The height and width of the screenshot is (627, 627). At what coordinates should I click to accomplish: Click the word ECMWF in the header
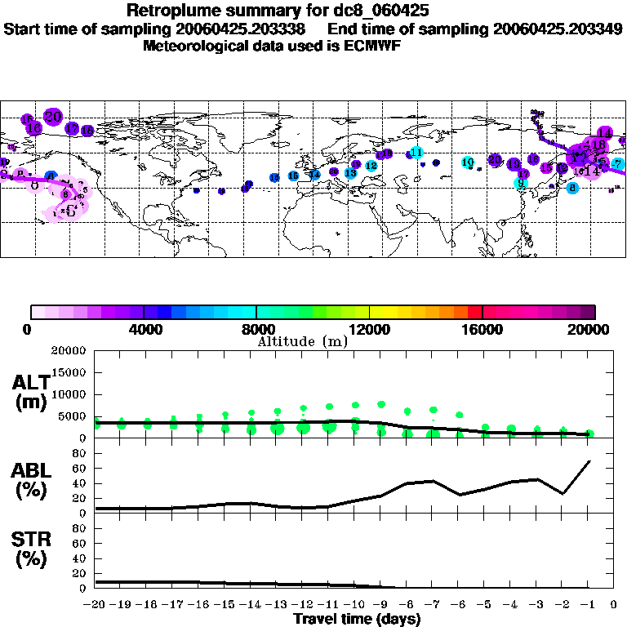point(373,46)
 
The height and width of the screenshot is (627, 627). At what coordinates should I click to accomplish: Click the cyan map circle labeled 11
point(416,153)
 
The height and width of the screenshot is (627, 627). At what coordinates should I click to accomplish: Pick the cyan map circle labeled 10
point(467,162)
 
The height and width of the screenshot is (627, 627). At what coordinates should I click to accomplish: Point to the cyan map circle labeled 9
point(521,183)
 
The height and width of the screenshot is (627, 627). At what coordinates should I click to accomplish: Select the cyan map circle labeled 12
point(371,166)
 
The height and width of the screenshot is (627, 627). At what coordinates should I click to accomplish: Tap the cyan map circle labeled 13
point(350,173)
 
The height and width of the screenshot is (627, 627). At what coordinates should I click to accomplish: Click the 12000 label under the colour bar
point(369,330)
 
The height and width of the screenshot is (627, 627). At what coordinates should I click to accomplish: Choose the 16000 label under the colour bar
point(482,330)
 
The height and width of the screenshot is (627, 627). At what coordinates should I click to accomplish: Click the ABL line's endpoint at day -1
point(589,461)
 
